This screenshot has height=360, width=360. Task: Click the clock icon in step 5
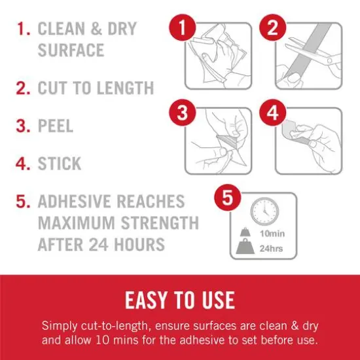264,212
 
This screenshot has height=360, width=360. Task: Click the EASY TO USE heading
179,300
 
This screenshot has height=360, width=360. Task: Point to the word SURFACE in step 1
71,50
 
